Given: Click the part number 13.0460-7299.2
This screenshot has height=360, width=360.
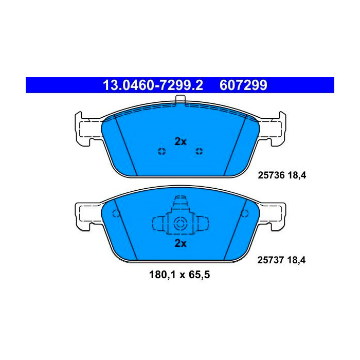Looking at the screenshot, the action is tap(153, 85).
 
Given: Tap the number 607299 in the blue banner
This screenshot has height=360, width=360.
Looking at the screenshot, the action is tap(243, 85).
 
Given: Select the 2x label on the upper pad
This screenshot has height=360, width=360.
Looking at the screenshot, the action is tap(181, 141).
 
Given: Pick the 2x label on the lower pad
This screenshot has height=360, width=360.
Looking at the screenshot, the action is tap(181, 243).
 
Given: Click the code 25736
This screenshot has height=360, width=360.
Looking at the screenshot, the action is tap(271, 175).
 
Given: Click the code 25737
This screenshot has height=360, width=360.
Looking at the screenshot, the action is tap(271, 260).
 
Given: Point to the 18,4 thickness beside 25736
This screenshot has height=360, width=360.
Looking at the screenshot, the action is tap(297, 175).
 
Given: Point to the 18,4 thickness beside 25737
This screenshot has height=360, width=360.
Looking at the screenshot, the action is tap(296, 260).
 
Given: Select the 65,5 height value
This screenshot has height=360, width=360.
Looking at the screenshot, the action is tap(200, 275).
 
